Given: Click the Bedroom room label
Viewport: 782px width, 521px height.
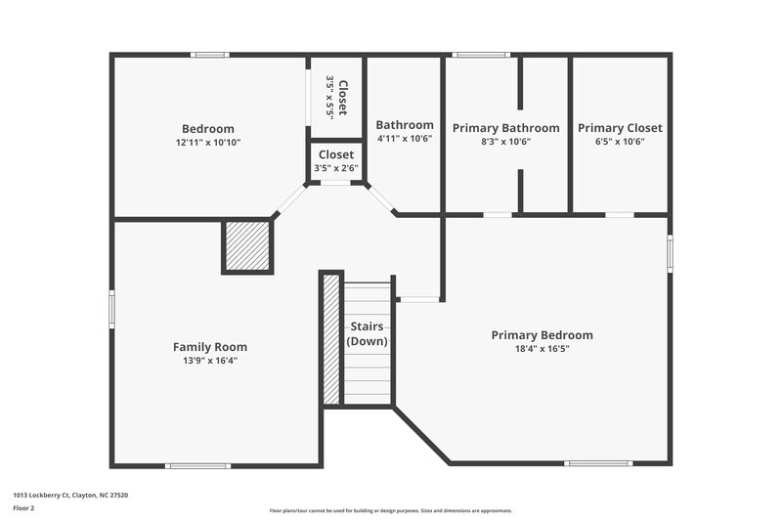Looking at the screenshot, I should point(208,129).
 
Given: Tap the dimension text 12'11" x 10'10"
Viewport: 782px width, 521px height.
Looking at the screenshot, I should point(208,143).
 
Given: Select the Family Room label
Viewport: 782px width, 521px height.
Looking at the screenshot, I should point(210,347).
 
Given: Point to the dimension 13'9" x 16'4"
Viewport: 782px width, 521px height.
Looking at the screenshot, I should point(210,361).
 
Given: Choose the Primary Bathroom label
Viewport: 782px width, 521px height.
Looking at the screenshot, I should point(505,128).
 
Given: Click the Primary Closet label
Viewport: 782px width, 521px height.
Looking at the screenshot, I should point(620,128).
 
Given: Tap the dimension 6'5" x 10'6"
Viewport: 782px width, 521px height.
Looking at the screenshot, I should point(620,142).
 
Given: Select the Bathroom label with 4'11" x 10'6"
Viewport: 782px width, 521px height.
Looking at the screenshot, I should point(405,125).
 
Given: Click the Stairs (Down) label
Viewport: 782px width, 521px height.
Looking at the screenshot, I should point(368,334).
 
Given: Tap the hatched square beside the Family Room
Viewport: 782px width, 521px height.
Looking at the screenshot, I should point(247,246).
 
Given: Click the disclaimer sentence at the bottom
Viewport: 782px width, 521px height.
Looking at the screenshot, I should point(390,510).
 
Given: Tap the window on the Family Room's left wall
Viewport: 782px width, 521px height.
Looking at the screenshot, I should point(111,311).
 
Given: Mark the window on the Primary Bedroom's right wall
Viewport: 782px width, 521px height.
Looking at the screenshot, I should point(670,253).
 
